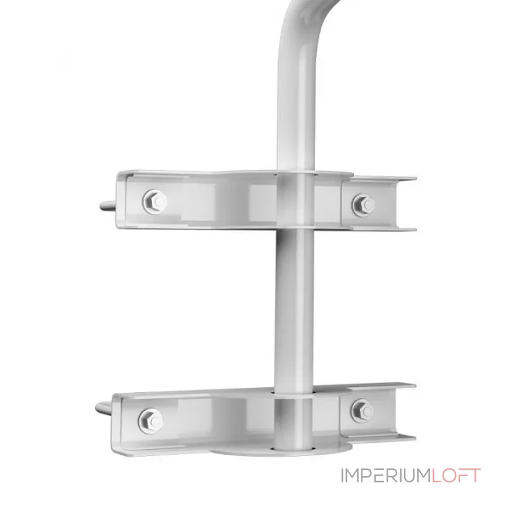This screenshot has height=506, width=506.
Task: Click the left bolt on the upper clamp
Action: (x=154, y=202)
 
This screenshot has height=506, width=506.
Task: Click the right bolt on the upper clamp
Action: (x=364, y=205)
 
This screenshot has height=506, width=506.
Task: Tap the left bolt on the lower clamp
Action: (x=151, y=421)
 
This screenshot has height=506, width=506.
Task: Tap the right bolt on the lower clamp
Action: (x=362, y=410)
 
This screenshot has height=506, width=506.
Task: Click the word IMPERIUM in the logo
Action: (x=385, y=476)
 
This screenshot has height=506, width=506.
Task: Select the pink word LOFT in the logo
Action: (x=455, y=476)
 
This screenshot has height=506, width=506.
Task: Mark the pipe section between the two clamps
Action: (x=293, y=310)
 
